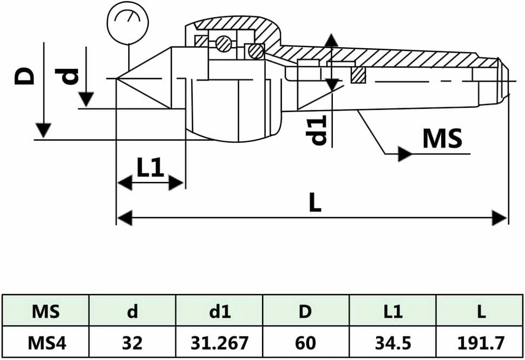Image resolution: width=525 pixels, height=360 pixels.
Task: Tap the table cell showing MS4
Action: click(45, 342)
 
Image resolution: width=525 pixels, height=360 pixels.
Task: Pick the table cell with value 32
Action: click(132, 342)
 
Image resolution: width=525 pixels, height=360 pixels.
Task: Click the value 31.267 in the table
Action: click(219, 342)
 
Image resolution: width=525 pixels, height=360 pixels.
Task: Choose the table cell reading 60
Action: click(306, 342)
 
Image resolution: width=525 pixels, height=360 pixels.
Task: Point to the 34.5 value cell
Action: click(393, 342)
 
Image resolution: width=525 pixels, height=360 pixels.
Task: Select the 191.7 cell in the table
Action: click(480, 342)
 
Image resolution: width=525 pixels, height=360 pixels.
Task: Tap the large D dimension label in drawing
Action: click(24, 76)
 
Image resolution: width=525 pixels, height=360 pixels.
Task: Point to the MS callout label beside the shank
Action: click(442, 138)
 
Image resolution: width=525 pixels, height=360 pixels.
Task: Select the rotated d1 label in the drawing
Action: click(317, 130)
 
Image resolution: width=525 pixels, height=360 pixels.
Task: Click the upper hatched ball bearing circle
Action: click(224, 44)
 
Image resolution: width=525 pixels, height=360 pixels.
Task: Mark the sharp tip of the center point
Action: click(116, 78)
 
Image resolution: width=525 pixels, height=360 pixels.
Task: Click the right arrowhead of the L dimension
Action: click(499, 218)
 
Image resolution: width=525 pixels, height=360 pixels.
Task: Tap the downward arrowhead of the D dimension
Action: click(43, 130)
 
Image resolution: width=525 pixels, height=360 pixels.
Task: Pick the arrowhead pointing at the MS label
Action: click(404, 154)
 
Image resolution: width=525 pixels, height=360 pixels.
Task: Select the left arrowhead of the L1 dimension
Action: click(124, 183)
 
